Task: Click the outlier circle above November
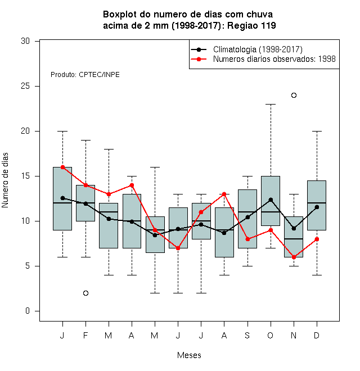pyautogui.click(x=294, y=96)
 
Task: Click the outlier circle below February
pyautogui.click(x=85, y=293)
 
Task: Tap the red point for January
pyautogui.click(x=63, y=168)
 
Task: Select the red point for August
pyautogui.click(x=224, y=194)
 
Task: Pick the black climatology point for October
pyautogui.click(x=271, y=200)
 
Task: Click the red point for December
pyautogui.click(x=317, y=239)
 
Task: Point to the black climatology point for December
pyautogui.click(x=317, y=207)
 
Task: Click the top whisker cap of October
pyautogui.click(x=271, y=104)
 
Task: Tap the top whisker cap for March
pyautogui.click(x=109, y=150)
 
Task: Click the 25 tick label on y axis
pyautogui.click(x=25, y=86)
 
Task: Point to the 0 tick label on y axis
pyautogui.click(x=28, y=311)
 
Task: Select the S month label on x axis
pyautogui.click(x=247, y=336)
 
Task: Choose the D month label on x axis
pyautogui.click(x=317, y=336)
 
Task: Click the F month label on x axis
pyautogui.click(x=85, y=336)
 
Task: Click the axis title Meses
pyautogui.click(x=189, y=355)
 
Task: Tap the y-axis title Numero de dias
pyautogui.click(x=5, y=180)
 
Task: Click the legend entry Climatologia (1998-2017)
pyautogui.click(x=258, y=49)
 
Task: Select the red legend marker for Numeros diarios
pyautogui.click(x=199, y=59)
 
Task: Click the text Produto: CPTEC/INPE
pyautogui.click(x=85, y=75)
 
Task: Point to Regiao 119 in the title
pyautogui.click(x=251, y=25)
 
